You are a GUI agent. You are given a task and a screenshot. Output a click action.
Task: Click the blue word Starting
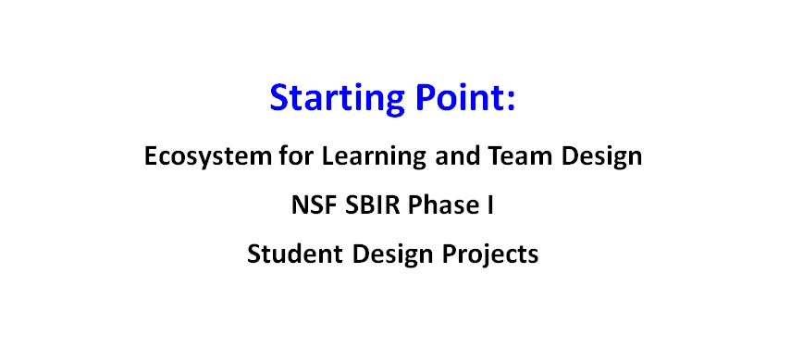coord(337,99)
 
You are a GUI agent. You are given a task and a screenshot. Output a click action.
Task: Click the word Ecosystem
coord(207,156)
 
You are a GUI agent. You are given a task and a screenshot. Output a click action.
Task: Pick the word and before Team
coord(456,155)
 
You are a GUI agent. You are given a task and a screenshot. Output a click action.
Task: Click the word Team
coord(519,155)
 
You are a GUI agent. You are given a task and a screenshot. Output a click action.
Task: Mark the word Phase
coord(441,205)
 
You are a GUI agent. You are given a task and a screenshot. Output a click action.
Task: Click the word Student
coord(294,254)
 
